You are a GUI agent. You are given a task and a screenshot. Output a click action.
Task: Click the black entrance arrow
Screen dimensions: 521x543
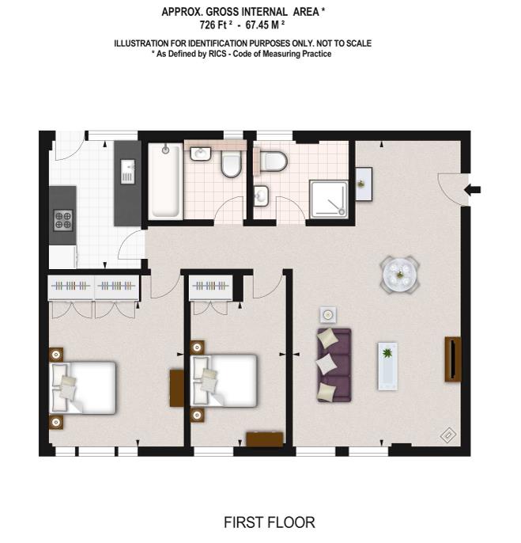(x=472, y=189)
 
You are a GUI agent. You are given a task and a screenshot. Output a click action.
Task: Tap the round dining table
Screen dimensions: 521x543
(x=400, y=275)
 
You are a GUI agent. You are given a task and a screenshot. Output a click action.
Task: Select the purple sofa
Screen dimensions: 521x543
(x=334, y=365)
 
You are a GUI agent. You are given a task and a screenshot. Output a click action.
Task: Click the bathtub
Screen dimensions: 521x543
(x=166, y=180)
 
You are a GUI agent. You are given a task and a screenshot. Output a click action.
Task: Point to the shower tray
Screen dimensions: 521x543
(x=329, y=199)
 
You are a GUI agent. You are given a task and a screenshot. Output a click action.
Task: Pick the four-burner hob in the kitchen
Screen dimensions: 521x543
(x=63, y=220)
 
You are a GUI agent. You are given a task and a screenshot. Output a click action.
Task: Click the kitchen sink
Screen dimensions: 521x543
(x=127, y=172)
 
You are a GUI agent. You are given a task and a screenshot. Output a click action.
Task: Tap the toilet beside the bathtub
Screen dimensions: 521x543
(x=231, y=165)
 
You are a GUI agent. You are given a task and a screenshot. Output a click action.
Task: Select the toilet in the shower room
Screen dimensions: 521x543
(x=274, y=161)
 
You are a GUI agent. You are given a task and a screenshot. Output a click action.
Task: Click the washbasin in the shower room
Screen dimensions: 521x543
(x=261, y=196)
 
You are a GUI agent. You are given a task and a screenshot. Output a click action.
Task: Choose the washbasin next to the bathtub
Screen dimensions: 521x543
(x=201, y=154)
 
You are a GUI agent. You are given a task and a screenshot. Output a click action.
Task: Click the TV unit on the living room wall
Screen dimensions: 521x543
(x=453, y=359)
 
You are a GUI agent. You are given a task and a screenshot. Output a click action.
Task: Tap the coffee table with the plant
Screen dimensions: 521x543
(x=388, y=366)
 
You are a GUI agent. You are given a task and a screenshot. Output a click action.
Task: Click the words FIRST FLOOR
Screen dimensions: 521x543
(x=270, y=522)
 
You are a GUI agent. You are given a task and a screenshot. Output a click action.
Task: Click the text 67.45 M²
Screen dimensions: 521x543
(x=265, y=25)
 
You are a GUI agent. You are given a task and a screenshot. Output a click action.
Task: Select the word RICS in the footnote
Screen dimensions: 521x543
(x=217, y=54)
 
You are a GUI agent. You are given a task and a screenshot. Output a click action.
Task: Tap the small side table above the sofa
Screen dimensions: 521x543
(x=328, y=315)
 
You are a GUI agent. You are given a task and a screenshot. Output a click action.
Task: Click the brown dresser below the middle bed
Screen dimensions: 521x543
(x=265, y=439)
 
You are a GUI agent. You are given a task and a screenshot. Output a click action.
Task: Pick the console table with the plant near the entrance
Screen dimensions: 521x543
(x=364, y=184)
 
